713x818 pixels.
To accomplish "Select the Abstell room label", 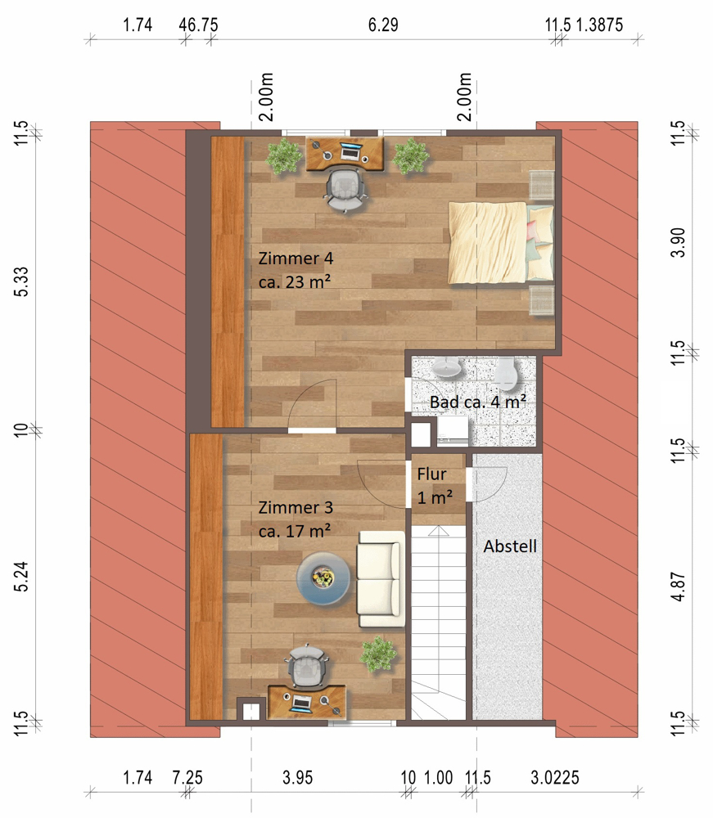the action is coord(510,546).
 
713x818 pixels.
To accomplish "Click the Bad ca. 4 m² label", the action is coord(477,402).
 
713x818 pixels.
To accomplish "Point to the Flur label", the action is coord(431,474).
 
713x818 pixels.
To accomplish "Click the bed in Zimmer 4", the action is coord(501,243).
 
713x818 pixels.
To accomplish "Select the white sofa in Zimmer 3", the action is coord(381,579).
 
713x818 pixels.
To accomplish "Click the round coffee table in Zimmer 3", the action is coord(323,578).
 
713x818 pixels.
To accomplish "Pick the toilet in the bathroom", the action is coord(505,373).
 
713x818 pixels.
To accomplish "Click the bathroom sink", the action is coord(446,368).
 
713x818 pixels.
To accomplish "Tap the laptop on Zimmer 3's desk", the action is coord(302,703).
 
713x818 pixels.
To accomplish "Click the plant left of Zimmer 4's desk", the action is coord(284,155).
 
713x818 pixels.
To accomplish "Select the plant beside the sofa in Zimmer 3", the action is coord(378,654).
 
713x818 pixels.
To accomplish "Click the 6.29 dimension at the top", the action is coord(383,25).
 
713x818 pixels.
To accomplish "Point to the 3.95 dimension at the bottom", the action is coord(297,777).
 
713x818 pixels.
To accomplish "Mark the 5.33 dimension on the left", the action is coord(21,281).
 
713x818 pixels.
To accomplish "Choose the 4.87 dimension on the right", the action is coord(678,587).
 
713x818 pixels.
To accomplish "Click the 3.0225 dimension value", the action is coord(555,777).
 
